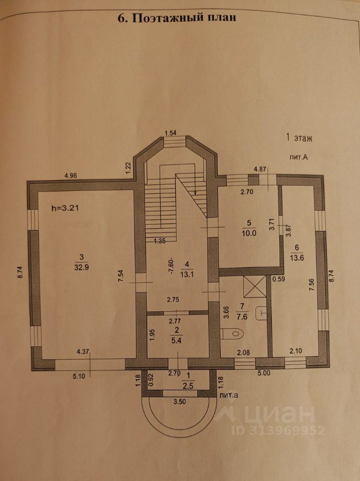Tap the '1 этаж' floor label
pos(298,137)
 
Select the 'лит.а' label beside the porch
pos(229,395)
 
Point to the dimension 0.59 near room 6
pos(279,279)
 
